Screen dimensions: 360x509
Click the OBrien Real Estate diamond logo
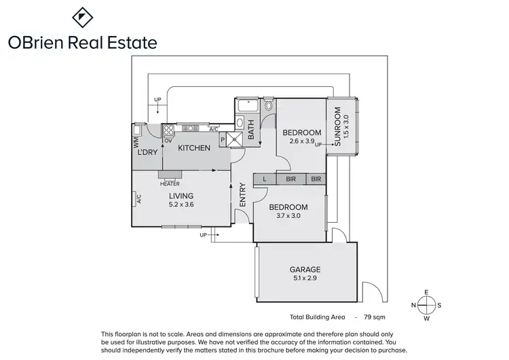(82, 16)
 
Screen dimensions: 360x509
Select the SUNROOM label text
(337, 128)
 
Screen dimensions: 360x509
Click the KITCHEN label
(194, 147)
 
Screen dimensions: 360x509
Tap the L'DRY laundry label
(147, 152)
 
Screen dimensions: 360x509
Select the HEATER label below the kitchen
(170, 183)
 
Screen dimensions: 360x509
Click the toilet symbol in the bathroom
(269, 105)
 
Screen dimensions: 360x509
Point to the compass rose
(426, 304)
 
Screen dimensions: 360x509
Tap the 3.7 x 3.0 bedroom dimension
(288, 216)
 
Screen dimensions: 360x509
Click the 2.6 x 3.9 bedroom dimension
(302, 141)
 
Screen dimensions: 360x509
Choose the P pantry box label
(222, 138)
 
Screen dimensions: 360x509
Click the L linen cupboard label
(264, 179)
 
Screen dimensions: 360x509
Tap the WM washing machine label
(136, 142)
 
